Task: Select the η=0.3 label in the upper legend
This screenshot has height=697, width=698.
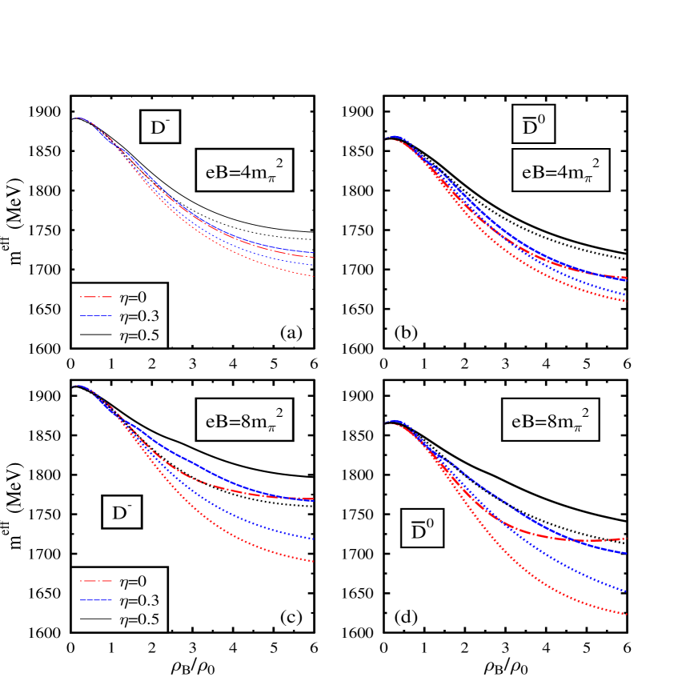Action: [x=138, y=316]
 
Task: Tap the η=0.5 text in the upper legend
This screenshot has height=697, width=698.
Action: [x=138, y=336]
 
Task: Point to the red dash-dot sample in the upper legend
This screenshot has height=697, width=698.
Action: [x=94, y=297]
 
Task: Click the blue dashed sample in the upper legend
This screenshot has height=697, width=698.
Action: [x=94, y=317]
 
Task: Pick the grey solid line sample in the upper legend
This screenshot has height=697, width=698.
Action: [x=94, y=337]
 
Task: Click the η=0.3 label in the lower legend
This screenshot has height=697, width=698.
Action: [x=138, y=601]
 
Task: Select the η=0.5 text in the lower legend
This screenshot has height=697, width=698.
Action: [x=138, y=620]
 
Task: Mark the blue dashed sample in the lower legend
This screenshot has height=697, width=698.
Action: [x=94, y=601]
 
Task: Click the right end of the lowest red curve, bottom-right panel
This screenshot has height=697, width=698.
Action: [x=625, y=615]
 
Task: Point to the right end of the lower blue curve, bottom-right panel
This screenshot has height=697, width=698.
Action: [x=625, y=591]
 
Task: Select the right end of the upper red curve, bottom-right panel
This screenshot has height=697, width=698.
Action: [x=625, y=539]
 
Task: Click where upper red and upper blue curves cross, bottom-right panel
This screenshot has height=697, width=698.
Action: [x=575, y=540]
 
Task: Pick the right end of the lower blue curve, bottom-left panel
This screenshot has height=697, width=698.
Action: [x=312, y=539]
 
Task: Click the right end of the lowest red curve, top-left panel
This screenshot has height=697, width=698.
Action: [x=312, y=276]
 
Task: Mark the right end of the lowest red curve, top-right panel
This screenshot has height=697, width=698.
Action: [x=625, y=301]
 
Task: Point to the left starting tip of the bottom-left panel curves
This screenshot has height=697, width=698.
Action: [x=74, y=387]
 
